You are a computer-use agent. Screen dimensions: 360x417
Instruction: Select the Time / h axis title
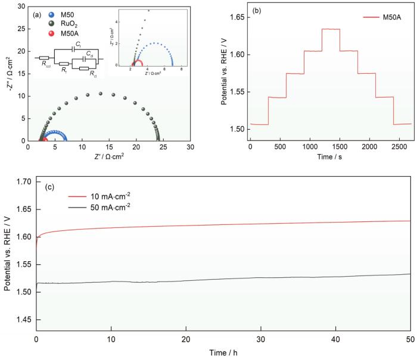222,352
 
